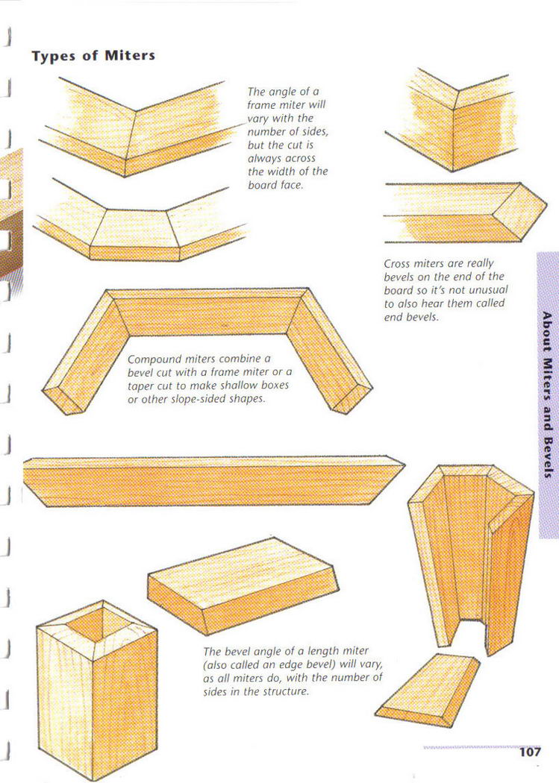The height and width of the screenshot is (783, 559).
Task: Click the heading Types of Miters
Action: click(93, 55)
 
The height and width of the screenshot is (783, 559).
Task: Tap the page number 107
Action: click(530, 752)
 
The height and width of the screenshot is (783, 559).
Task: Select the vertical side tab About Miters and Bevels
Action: click(548, 394)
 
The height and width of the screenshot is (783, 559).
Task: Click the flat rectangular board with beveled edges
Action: click(243, 584)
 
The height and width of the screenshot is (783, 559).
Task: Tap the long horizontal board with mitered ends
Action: click(213, 482)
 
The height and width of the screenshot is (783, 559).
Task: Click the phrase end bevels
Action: click(411, 317)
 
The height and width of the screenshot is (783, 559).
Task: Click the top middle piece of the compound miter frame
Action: click(207, 312)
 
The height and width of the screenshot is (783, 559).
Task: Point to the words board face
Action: click(275, 185)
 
